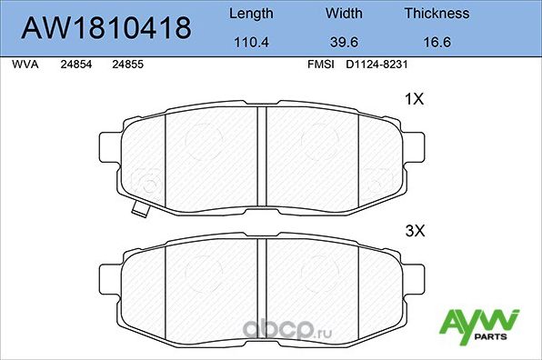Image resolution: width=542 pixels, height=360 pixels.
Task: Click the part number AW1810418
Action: [x=105, y=28]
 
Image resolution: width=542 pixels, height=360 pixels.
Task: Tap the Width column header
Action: [x=343, y=14]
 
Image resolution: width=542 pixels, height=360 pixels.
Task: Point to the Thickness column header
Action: [x=437, y=14]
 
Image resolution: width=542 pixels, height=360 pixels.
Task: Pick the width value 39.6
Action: [x=343, y=42]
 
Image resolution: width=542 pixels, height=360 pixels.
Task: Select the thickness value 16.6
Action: [x=437, y=42]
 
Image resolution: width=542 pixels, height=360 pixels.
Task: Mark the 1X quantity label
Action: [x=414, y=100]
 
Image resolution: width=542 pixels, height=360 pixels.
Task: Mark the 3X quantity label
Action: [x=414, y=232]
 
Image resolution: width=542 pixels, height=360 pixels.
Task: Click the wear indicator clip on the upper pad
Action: [x=139, y=211]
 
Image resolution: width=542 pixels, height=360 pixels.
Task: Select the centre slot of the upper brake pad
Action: [x=260, y=155]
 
